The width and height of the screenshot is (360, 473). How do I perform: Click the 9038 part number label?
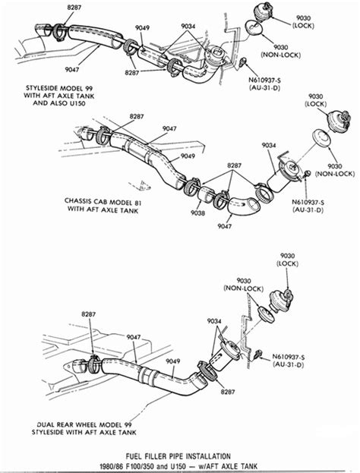tap(197, 213)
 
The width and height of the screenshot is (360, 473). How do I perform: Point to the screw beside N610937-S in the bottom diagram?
tap(257, 355)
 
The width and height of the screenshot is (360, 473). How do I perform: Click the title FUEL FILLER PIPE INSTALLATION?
tap(178, 456)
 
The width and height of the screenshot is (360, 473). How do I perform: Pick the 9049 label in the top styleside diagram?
tap(142, 28)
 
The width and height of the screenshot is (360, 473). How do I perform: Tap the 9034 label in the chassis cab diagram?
tap(269, 146)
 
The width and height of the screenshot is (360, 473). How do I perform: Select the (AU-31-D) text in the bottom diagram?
tap(288, 364)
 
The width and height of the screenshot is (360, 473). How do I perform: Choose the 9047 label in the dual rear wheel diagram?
tap(134, 337)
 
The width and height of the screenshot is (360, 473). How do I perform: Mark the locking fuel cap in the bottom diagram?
tap(282, 298)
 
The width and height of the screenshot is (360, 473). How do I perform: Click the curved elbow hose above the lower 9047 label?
tap(244, 208)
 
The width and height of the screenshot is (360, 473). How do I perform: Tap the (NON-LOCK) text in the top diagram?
tap(281, 55)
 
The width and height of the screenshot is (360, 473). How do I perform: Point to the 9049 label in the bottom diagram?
tap(172, 361)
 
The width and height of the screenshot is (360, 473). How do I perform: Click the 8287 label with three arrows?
tap(235, 166)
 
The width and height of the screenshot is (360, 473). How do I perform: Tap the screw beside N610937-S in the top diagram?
tap(243, 61)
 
